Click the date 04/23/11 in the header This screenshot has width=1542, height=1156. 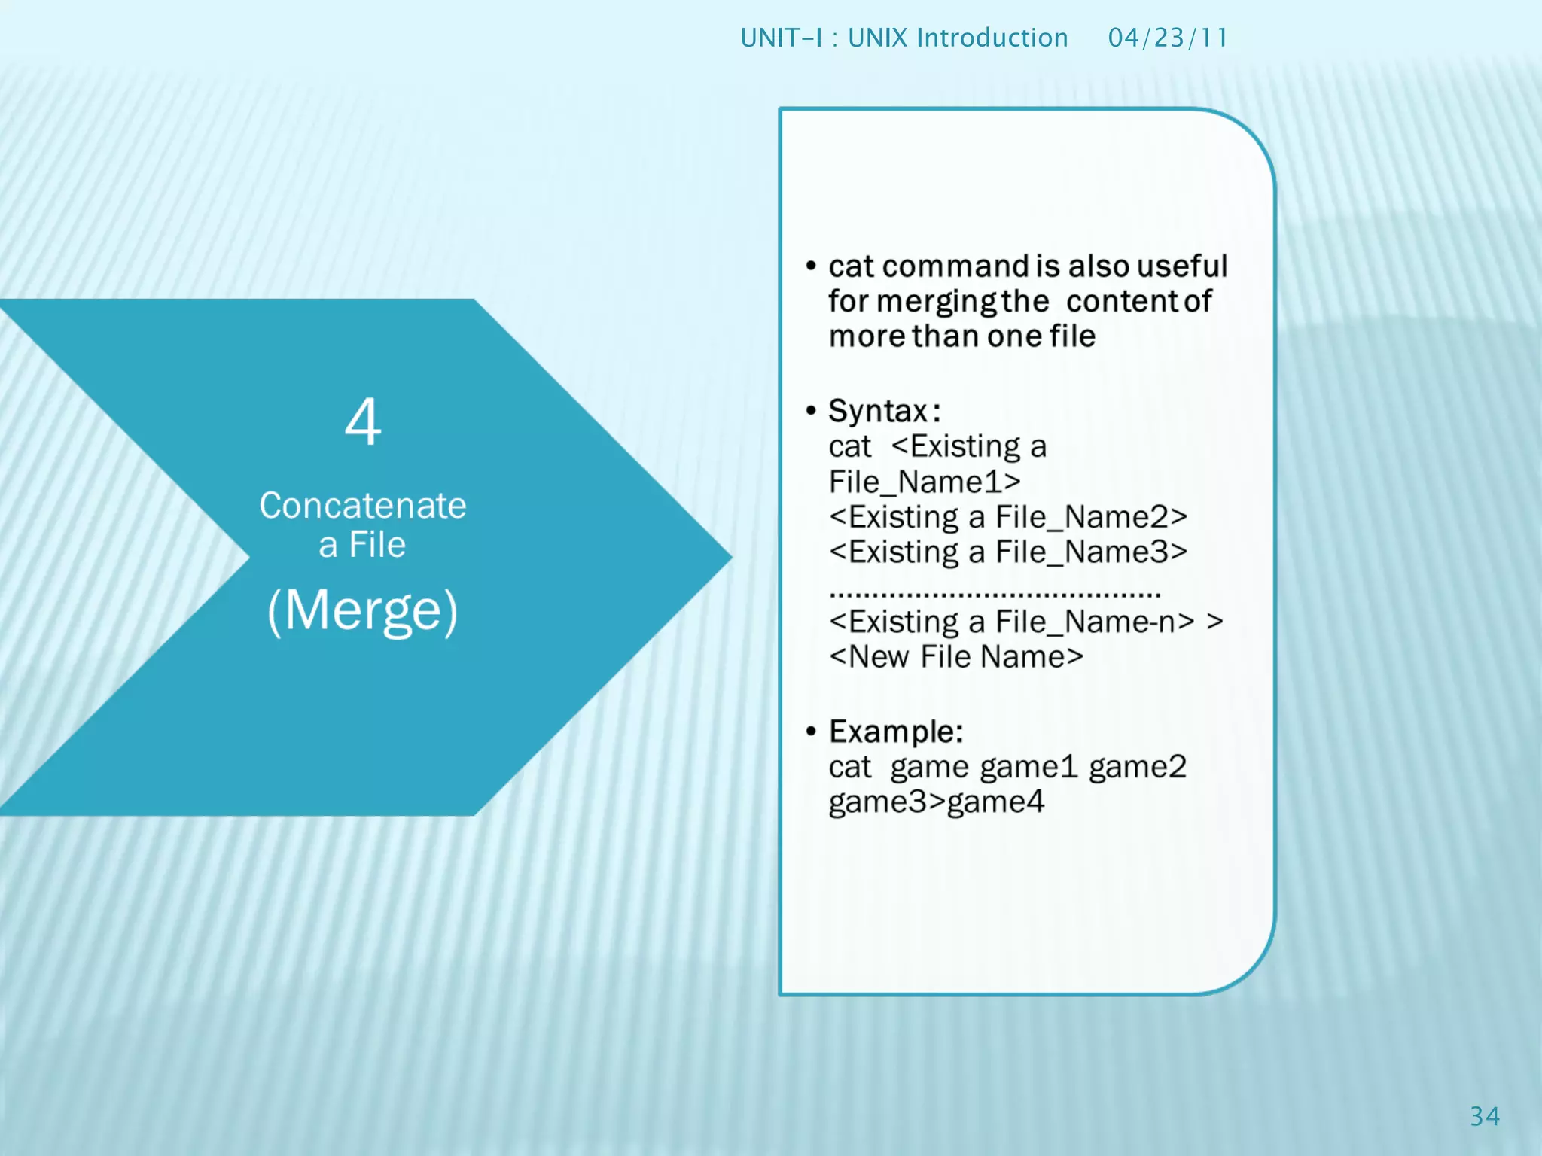1167,38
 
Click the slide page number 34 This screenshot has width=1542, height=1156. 1484,1116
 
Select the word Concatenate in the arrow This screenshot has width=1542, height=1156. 363,506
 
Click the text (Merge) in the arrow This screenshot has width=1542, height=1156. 363,610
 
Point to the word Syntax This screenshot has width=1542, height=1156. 878,412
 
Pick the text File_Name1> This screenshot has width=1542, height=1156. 925,482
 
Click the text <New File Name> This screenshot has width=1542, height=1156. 956,657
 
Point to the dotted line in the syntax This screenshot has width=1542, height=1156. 994,595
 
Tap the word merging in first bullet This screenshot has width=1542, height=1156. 937,302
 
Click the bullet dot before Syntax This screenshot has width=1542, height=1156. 811,411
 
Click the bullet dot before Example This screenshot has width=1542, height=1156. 811,732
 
